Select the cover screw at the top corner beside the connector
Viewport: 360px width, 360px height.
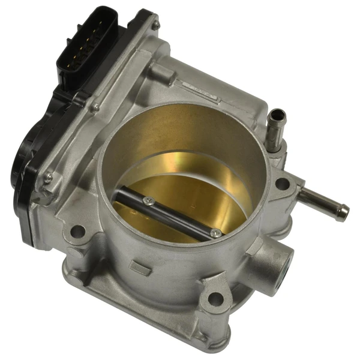(155, 25)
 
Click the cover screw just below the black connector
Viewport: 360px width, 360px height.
(95, 107)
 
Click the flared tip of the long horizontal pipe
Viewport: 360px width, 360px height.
(343, 209)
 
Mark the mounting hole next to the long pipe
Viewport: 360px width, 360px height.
(281, 184)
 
